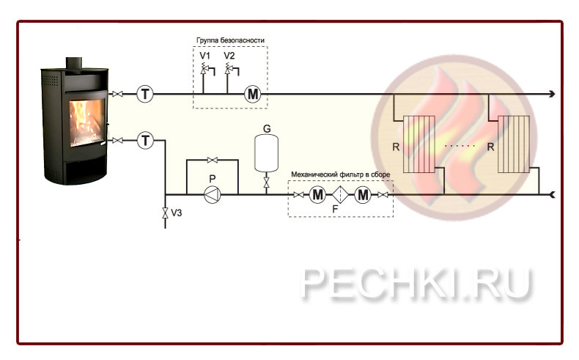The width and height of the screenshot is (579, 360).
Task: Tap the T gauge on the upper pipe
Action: pyautogui.click(x=145, y=94)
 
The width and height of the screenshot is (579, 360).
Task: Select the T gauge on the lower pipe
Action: pyautogui.click(x=145, y=140)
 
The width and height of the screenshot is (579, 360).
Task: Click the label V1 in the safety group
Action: pyautogui.click(x=205, y=56)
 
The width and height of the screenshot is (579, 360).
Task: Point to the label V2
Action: pyautogui.click(x=229, y=56)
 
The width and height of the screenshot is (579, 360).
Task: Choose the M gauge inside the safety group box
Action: pyautogui.click(x=252, y=94)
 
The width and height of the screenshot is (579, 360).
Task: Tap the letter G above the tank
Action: pyautogui.click(x=267, y=128)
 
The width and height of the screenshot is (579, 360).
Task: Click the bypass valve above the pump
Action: pyautogui.click(x=213, y=160)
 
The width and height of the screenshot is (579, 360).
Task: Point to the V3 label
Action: pyautogui.click(x=177, y=213)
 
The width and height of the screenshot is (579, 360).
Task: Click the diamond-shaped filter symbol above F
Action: pyautogui.click(x=341, y=194)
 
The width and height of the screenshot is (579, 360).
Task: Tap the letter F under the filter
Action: pyautogui.click(x=335, y=209)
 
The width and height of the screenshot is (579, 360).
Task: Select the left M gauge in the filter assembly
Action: pyautogui.click(x=317, y=194)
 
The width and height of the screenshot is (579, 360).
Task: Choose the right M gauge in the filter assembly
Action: pyautogui.click(x=364, y=194)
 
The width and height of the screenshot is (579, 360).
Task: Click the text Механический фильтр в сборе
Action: pyautogui.click(x=340, y=174)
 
